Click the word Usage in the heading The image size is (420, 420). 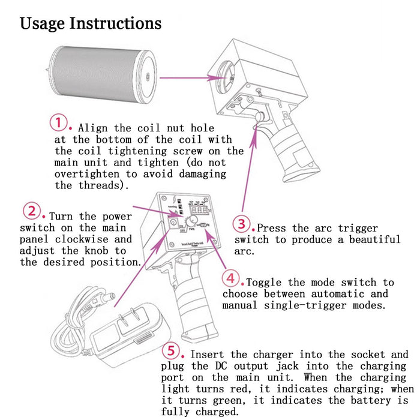click(x=43, y=23)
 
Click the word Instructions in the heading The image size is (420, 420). click(x=116, y=23)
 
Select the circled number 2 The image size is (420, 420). click(x=32, y=211)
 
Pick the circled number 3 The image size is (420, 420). click(x=241, y=224)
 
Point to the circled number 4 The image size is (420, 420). click(x=231, y=278)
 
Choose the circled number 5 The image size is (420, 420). click(x=172, y=351)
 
